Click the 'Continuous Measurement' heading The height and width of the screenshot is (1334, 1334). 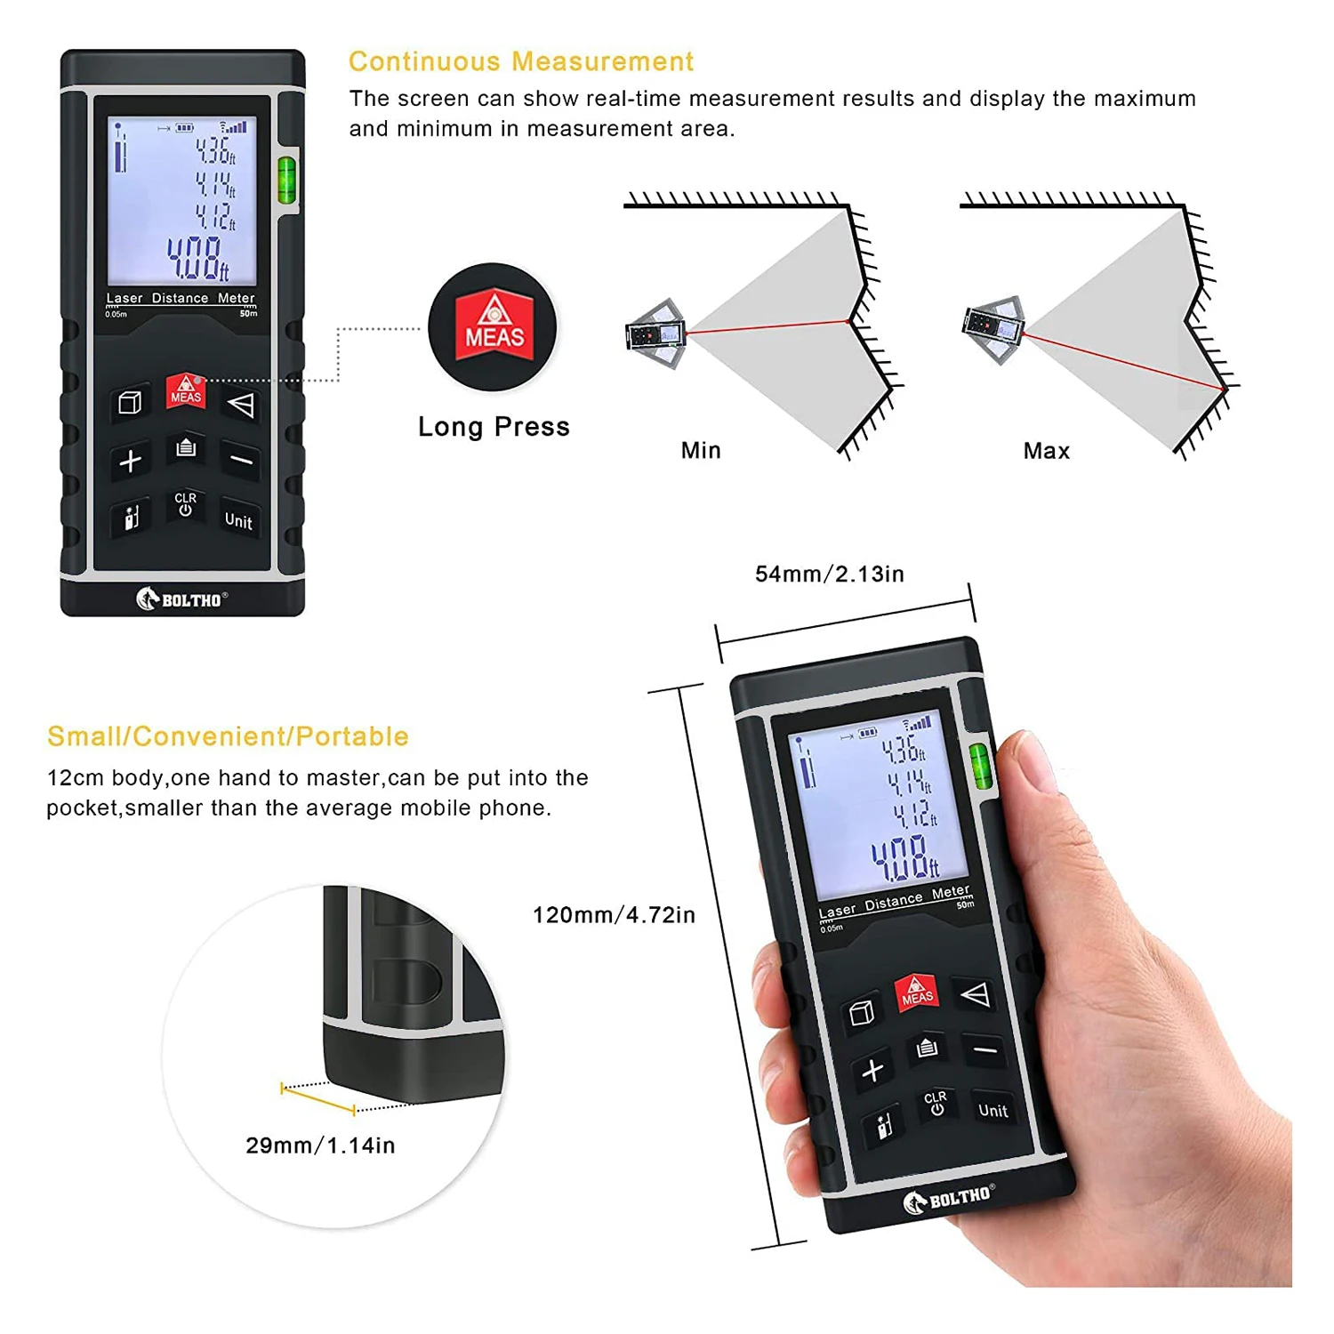(520, 61)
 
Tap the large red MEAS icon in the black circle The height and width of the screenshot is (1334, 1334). (494, 325)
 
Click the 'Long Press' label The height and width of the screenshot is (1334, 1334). (494, 427)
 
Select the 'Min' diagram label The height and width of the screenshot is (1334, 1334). (701, 450)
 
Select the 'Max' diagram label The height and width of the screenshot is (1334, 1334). (1046, 451)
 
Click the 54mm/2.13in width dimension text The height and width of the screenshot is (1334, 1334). (829, 574)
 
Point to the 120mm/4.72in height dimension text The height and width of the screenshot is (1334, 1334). (614, 915)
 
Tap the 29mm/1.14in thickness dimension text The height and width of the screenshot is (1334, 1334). (320, 1145)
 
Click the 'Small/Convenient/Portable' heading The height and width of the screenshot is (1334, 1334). (228, 736)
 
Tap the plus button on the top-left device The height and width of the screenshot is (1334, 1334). (131, 461)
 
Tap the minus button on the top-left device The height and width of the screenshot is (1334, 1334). (241, 461)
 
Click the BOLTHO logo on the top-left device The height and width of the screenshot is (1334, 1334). (182, 599)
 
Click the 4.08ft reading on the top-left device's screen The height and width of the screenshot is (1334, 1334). (198, 258)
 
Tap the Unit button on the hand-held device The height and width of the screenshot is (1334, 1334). (992, 1110)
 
